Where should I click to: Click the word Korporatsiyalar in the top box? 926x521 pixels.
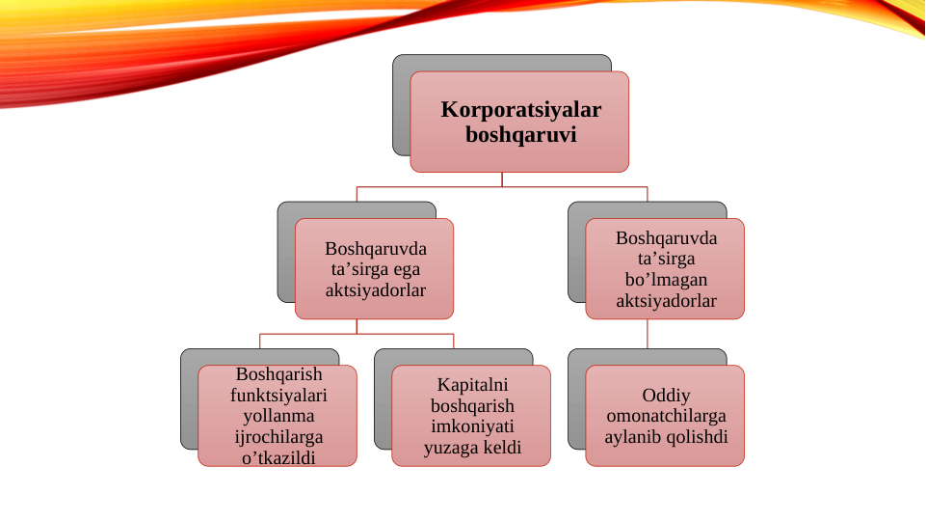click(x=520, y=110)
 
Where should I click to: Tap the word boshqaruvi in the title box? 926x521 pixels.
click(x=520, y=135)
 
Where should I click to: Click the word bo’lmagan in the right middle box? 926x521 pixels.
click(x=666, y=280)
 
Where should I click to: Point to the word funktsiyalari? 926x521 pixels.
click(x=278, y=395)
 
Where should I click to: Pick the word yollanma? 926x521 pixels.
click(x=278, y=416)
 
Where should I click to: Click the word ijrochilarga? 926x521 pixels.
click(x=278, y=437)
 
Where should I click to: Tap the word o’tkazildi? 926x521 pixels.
click(x=278, y=457)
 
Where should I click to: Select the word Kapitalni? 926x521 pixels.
click(x=472, y=384)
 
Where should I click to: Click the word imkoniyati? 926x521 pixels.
click(x=472, y=426)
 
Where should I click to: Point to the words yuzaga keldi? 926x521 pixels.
click(x=472, y=448)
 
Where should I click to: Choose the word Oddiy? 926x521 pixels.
click(x=666, y=395)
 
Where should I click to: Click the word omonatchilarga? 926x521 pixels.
click(x=666, y=416)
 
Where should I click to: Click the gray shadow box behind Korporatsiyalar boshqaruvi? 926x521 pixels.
click(x=401, y=106)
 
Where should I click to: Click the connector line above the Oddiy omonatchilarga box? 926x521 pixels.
click(x=648, y=334)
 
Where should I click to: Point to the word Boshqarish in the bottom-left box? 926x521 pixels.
click(x=278, y=374)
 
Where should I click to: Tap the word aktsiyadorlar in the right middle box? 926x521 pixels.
click(x=666, y=301)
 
